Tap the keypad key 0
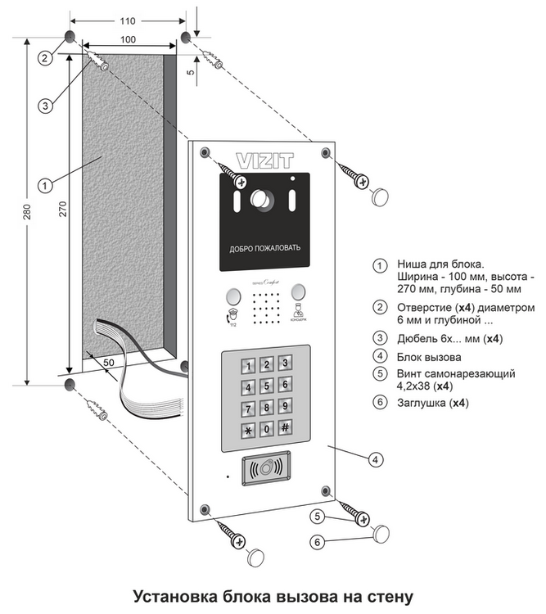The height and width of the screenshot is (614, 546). click(x=266, y=428)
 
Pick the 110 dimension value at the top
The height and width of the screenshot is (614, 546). click(x=127, y=19)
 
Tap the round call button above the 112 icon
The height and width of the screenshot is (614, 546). click(x=230, y=294)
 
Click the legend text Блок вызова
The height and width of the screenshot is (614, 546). click(x=429, y=357)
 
